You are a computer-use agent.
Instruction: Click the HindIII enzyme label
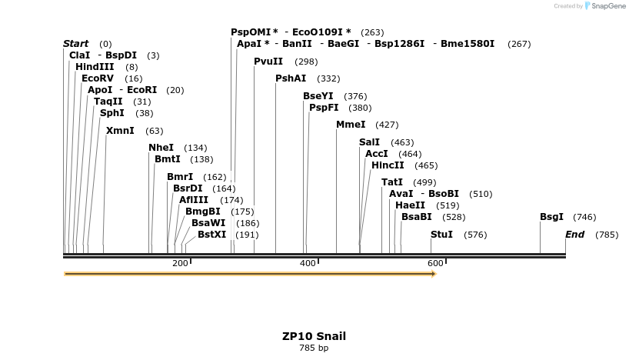[95, 67]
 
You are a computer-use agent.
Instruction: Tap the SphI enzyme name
[112, 113]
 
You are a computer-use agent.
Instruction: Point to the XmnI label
[120, 131]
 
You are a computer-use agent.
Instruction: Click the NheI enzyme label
[161, 148]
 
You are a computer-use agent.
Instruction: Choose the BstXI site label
[212, 235]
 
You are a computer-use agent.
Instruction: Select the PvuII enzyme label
[268, 62]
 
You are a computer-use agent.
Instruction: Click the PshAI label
[291, 78]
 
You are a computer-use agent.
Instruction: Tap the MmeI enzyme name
[351, 125]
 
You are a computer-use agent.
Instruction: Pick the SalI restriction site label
[370, 142]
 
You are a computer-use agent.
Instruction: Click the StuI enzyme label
[441, 235]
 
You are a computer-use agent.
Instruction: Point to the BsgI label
[552, 218]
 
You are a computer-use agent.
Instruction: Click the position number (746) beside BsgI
[584, 218]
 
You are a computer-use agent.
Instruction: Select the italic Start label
[75, 44]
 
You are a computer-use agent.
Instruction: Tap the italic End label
[574, 235]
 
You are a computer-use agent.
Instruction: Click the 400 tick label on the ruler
[308, 264]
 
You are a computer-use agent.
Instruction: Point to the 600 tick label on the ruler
[435, 264]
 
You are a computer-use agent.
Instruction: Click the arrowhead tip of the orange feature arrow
[435, 273]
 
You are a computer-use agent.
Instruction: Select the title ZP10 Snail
[314, 336]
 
